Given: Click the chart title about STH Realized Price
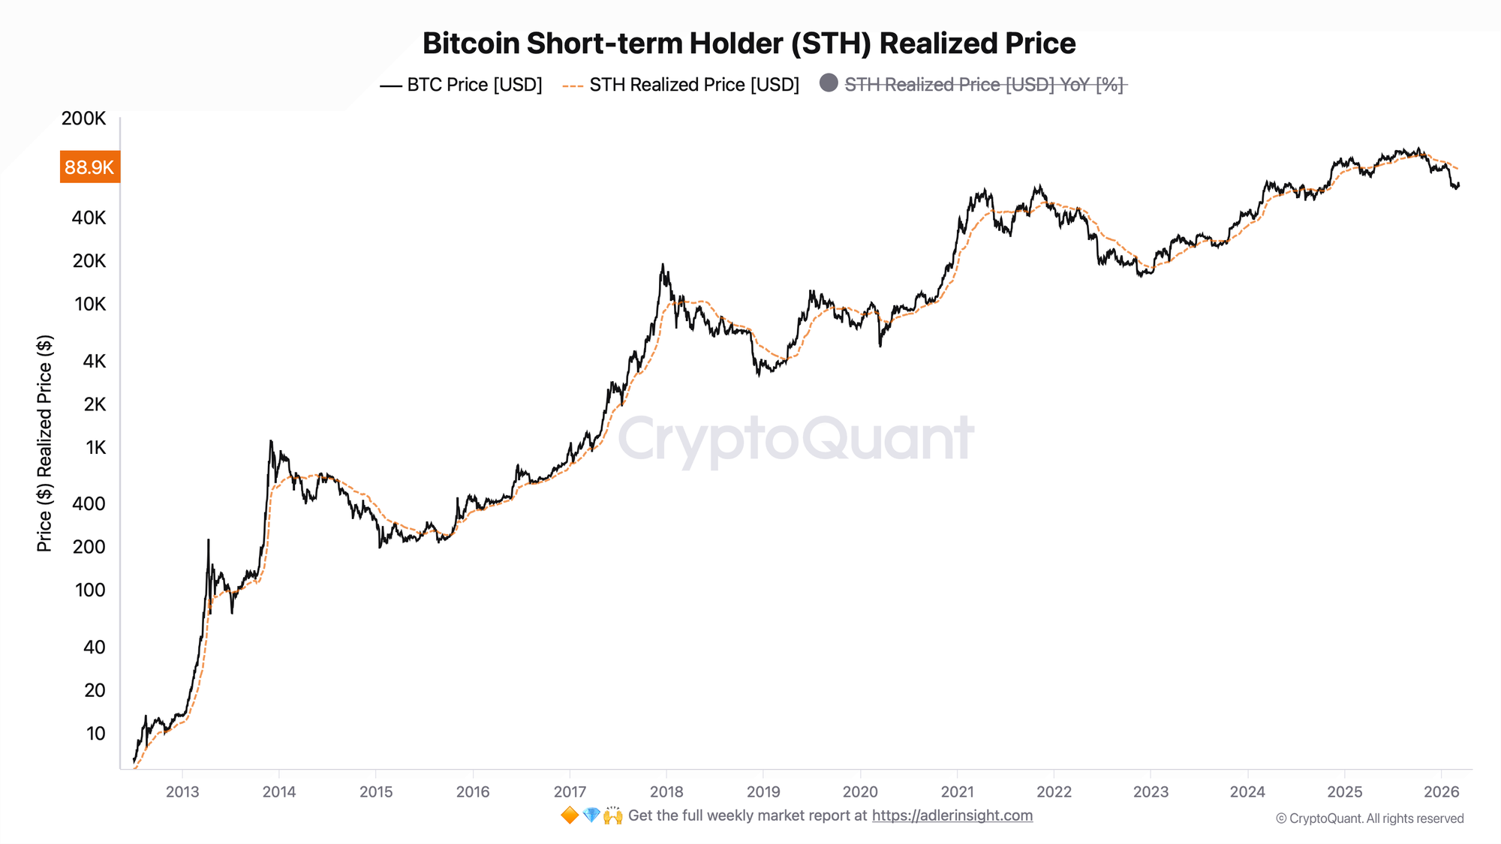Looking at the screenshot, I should point(749,44).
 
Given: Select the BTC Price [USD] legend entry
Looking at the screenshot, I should point(462,85).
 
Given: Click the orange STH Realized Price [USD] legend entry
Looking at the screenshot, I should point(681,85).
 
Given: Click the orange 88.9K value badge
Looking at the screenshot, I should point(89,167).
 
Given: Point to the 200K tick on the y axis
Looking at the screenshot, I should point(84,119).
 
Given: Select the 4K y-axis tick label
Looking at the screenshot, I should point(95,362).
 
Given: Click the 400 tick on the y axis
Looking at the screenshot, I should point(89,503).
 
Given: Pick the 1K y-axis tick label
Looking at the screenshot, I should point(96,448).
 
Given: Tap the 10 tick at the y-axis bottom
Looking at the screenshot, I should point(96,734).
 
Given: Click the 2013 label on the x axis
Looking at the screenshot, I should point(182,791).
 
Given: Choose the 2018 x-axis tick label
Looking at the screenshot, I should point(666,791).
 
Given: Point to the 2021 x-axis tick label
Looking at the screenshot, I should point(957,791).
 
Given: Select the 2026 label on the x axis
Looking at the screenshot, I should point(1441,791).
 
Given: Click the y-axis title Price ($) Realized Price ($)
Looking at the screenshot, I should point(45,443).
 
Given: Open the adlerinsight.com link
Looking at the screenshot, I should point(952,815).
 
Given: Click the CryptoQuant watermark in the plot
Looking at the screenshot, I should point(796,439).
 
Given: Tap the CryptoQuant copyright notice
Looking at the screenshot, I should point(1370,818).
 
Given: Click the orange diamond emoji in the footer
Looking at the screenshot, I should point(570,815).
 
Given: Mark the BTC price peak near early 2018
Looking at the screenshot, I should point(663,265).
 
